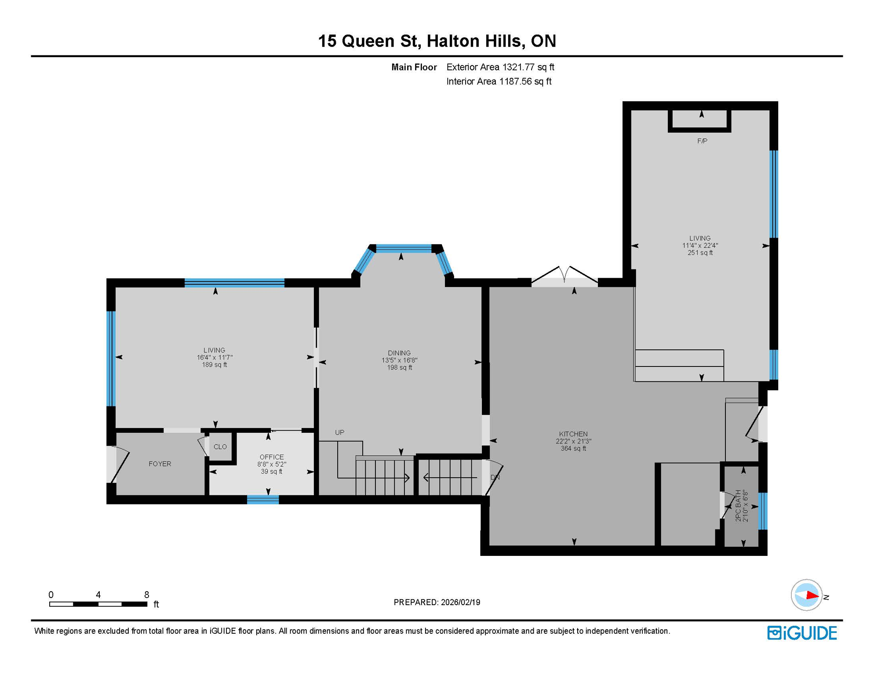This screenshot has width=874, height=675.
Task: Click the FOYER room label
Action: [x=160, y=464]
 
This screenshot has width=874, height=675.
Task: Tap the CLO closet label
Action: [x=220, y=446]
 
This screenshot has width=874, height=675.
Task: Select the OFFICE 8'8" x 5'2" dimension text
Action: [x=271, y=464]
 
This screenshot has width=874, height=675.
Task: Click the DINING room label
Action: [x=399, y=353]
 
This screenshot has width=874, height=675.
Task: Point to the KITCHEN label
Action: [x=573, y=434]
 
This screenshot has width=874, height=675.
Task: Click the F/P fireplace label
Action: [x=702, y=141]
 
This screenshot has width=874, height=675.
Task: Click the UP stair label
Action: [x=339, y=432]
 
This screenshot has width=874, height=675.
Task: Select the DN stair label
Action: [x=495, y=477]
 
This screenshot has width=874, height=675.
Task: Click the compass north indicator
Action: [x=807, y=595]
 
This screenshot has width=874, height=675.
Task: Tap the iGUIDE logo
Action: [x=801, y=633]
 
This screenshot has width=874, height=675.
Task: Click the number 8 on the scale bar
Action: [x=146, y=595]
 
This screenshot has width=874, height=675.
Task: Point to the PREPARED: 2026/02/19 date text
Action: [x=437, y=602]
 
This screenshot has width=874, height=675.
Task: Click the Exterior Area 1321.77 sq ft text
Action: [x=500, y=67]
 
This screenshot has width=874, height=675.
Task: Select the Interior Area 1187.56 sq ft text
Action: [x=499, y=81]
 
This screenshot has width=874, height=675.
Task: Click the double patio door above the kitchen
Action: [x=564, y=277]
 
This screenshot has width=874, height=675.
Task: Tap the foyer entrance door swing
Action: [x=119, y=464]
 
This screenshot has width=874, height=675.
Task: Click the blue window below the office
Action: [x=262, y=499]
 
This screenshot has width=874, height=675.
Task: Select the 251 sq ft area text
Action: [x=700, y=253]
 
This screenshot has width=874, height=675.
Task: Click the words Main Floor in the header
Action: [x=414, y=67]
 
